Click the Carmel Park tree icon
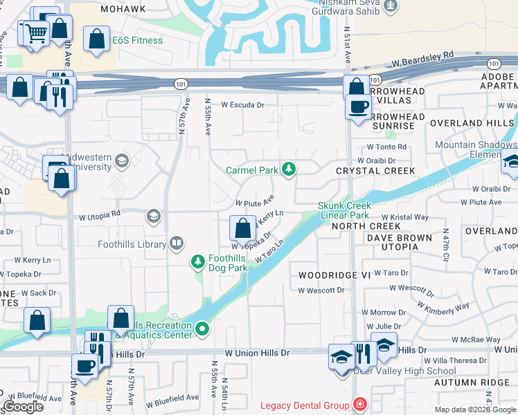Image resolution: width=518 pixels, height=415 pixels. pos(288,169)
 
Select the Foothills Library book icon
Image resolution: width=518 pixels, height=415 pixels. pos(177,243)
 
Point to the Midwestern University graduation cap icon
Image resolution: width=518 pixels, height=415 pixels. pos(122,162)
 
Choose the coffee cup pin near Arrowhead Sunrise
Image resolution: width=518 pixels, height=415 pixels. pos(358,107)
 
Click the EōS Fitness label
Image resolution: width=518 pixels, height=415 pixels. pos(139,40)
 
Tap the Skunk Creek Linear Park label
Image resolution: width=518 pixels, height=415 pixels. pos(345,210)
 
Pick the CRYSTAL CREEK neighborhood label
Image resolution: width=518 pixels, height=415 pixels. pos(375,171)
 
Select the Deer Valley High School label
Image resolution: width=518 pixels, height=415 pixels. pos(404,371)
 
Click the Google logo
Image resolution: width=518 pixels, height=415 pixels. pos(24,407)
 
